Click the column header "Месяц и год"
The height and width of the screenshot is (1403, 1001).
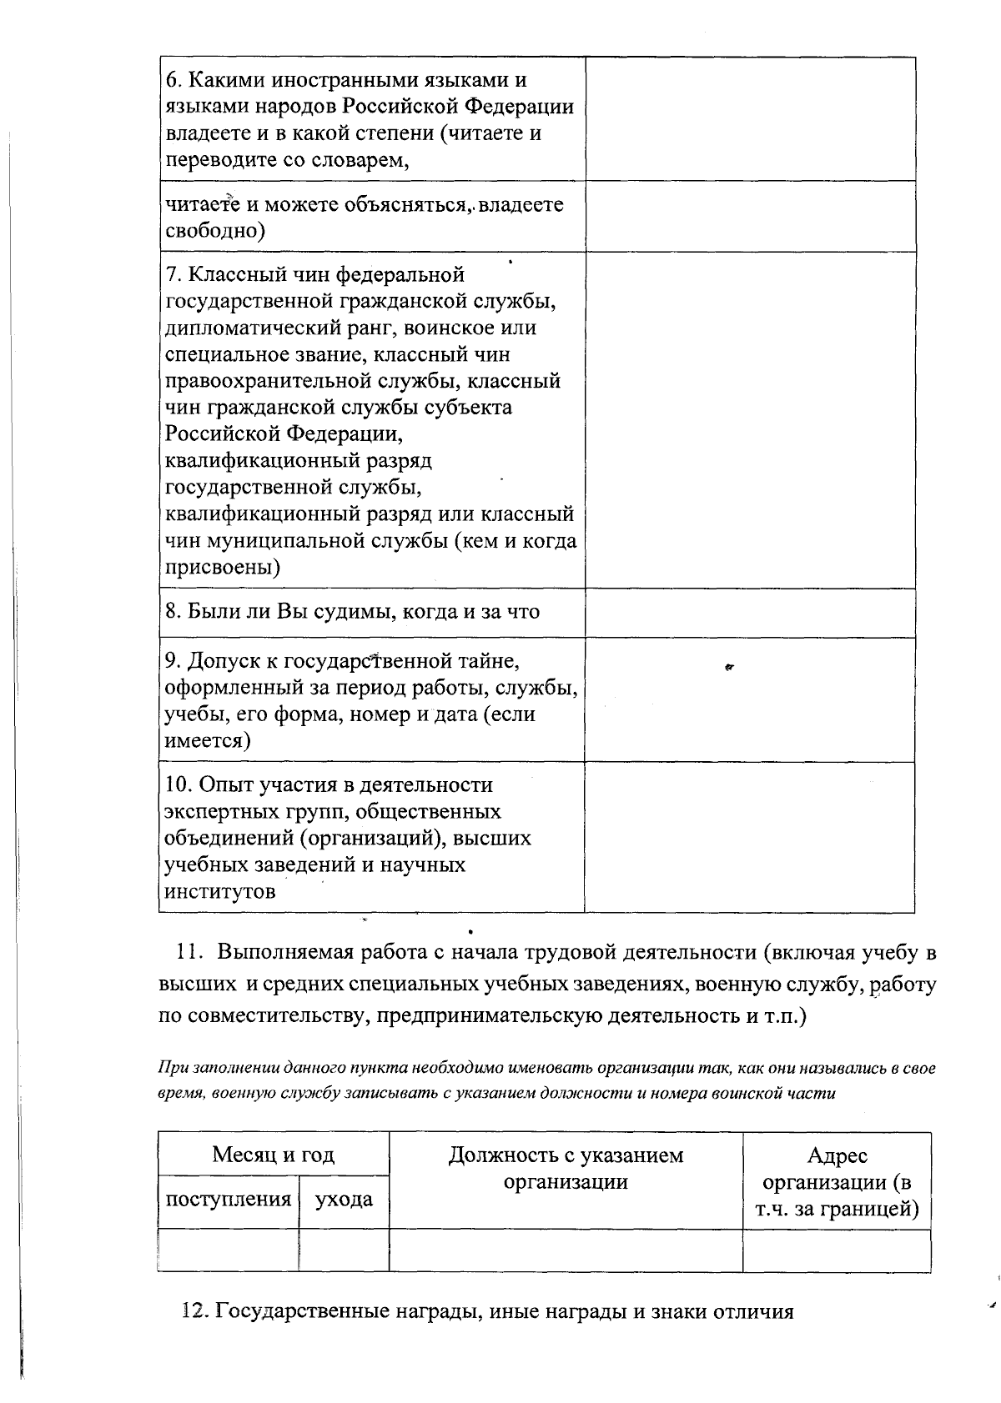click(x=273, y=1155)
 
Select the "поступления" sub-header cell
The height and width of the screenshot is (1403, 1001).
click(x=228, y=1200)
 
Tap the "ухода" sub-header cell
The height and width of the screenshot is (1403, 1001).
click(x=343, y=1200)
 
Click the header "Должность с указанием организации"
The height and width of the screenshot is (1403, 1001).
click(x=566, y=1168)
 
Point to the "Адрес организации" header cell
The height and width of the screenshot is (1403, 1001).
click(x=837, y=1181)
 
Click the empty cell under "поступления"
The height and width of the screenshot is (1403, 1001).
click(x=228, y=1250)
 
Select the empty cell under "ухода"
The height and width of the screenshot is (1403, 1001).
click(x=343, y=1250)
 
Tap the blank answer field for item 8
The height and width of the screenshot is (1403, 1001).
click(x=749, y=613)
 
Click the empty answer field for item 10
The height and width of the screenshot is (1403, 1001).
click(x=749, y=837)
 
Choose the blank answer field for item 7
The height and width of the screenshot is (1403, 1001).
click(x=749, y=419)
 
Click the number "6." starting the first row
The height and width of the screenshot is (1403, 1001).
click(x=174, y=81)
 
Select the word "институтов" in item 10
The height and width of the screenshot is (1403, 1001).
click(x=220, y=891)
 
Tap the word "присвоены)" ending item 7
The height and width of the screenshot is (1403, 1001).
click(x=222, y=568)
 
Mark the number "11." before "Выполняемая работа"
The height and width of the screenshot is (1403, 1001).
click(x=191, y=952)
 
